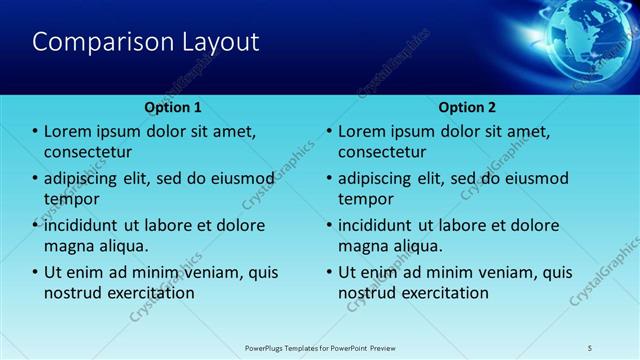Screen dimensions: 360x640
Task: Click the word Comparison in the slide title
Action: [97, 42]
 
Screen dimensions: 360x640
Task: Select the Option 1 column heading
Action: [173, 106]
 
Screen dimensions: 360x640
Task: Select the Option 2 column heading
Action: [467, 106]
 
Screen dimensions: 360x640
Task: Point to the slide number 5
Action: [591, 348]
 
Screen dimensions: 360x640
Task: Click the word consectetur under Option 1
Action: [89, 152]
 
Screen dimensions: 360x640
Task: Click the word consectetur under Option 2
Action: [383, 152]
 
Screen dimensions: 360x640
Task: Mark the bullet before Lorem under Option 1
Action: [36, 132]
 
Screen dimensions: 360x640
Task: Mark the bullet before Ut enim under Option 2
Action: [330, 273]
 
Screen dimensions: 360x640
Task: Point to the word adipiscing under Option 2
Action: [378, 179]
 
